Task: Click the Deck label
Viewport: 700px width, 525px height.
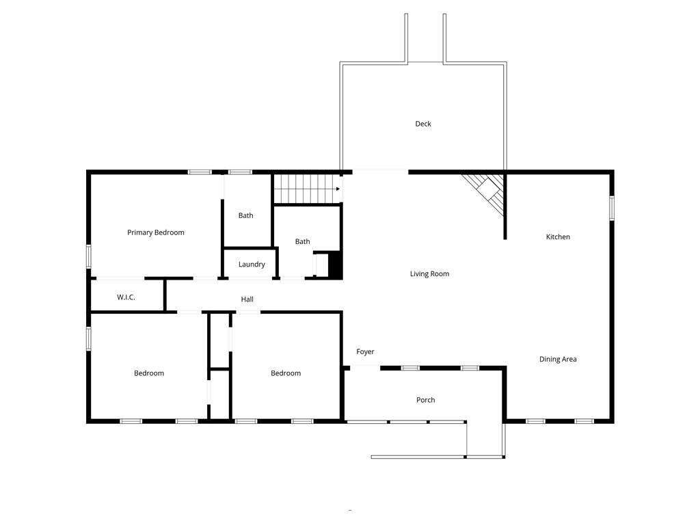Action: pos(423,124)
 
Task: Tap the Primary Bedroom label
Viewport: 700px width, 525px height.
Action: pos(156,232)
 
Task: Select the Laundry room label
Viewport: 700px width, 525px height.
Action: pos(252,265)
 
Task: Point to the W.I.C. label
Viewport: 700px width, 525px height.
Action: pos(126,297)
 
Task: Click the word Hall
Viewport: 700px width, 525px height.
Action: pos(247,299)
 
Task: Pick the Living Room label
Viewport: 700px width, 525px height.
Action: pos(429,274)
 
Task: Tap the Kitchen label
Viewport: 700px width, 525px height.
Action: pos(558,237)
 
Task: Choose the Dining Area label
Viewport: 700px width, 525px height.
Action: pos(558,360)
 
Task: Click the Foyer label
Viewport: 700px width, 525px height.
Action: pos(365,352)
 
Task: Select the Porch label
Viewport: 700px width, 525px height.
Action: pos(426,400)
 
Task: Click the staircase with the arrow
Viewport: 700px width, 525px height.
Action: pos(307,189)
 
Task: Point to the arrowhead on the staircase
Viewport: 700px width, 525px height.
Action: pos(338,189)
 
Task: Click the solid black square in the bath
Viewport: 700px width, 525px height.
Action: pos(335,265)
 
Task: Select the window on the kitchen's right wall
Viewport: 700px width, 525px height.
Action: pos(611,208)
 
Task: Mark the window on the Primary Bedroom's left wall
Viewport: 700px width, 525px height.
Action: pos(88,256)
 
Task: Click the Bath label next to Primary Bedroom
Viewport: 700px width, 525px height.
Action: pos(245,215)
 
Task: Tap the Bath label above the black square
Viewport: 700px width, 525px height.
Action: pos(303,241)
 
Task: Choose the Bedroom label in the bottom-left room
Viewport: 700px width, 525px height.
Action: pos(149,373)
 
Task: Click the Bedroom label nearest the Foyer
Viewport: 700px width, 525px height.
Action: pos(286,373)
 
